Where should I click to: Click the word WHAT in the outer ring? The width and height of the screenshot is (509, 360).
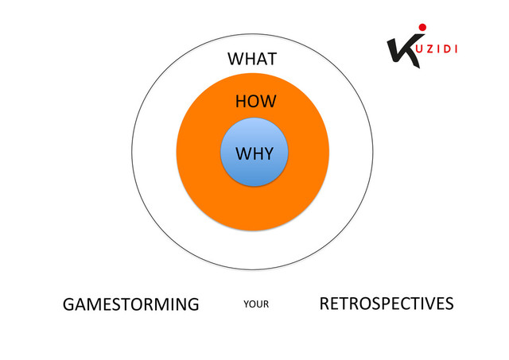click(x=252, y=60)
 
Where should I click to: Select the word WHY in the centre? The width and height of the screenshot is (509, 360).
click(x=254, y=153)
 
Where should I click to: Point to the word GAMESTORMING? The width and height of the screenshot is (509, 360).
click(x=130, y=304)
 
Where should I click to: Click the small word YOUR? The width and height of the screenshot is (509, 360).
click(x=257, y=304)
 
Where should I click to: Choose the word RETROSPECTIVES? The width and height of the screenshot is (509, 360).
click(x=387, y=304)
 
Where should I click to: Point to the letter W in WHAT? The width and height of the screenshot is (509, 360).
click(x=235, y=60)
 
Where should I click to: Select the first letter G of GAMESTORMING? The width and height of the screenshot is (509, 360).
click(x=68, y=304)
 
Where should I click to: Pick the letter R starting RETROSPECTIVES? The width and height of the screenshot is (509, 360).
click(x=324, y=304)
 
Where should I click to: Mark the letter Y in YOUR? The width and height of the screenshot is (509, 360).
click(x=246, y=304)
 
